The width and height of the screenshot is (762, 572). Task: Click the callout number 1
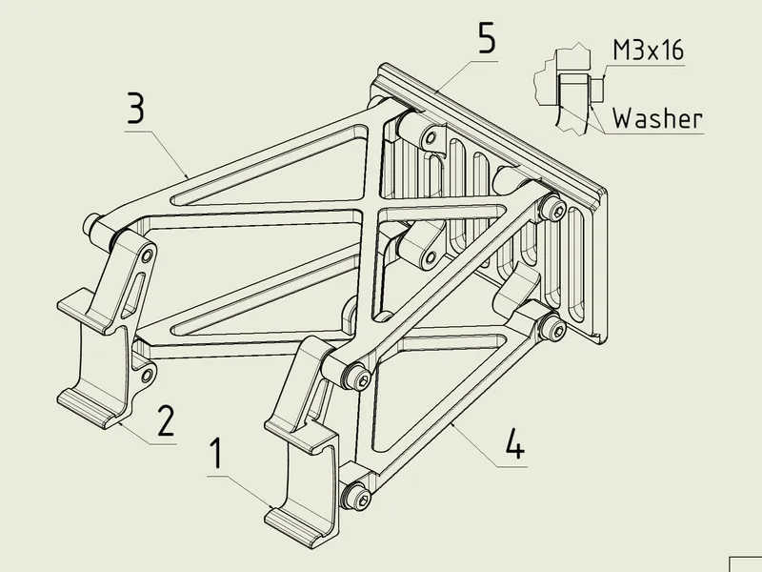click(x=217, y=454)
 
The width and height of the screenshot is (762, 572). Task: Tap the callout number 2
click(x=166, y=420)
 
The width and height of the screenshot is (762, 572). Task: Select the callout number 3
click(x=135, y=108)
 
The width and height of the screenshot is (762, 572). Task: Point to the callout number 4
click(x=515, y=443)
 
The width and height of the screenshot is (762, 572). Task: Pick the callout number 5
click(x=487, y=38)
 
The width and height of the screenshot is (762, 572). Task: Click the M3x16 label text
click(x=649, y=50)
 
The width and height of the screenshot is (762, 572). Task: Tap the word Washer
click(x=657, y=118)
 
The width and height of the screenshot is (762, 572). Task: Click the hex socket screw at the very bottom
click(x=357, y=496)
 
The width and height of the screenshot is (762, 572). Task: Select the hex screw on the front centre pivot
click(x=358, y=378)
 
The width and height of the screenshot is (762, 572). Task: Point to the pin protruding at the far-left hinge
click(x=91, y=223)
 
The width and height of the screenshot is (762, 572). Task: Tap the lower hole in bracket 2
click(x=147, y=375)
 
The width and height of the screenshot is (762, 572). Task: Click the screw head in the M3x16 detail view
click(x=597, y=90)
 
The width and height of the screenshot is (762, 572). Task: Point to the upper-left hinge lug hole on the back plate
click(x=431, y=138)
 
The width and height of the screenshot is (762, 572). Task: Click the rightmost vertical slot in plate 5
click(x=576, y=266)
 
